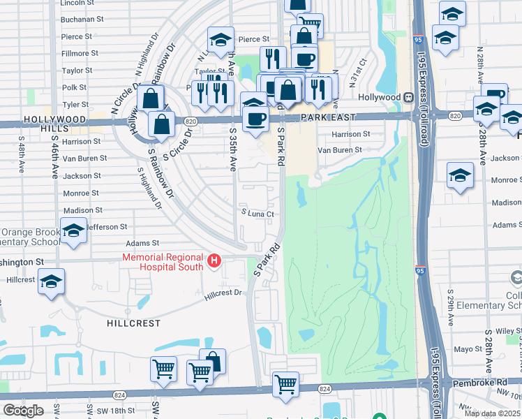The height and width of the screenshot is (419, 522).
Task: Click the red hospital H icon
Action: (x=215, y=261)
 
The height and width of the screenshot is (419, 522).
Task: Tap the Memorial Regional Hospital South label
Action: (x=163, y=262)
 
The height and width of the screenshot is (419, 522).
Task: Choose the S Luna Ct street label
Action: (x=255, y=214)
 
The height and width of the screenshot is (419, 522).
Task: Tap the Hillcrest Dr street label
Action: (x=223, y=295)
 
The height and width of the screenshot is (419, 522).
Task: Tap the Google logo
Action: (x=23, y=411)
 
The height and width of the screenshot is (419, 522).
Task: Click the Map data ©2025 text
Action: (x=493, y=413)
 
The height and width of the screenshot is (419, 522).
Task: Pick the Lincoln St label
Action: (x=77, y=3)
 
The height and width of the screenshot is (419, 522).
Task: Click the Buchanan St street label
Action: (x=77, y=20)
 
